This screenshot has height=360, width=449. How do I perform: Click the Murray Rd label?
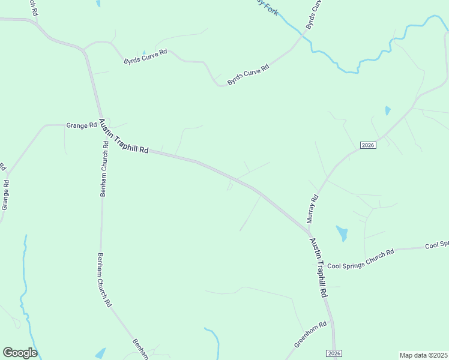point(312,209)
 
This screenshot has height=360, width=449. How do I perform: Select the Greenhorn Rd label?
point(310,335)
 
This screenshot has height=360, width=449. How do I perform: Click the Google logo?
point(20,353)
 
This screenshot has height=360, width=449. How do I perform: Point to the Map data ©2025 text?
point(423,355)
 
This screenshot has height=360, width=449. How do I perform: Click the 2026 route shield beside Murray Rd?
point(368,145)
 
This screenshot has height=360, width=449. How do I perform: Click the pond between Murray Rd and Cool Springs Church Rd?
point(342,233)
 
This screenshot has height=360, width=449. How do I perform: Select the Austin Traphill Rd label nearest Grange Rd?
point(124,137)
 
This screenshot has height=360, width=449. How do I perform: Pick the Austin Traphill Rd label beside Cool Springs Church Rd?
point(318,268)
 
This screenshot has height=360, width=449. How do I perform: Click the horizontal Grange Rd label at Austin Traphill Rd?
point(82,125)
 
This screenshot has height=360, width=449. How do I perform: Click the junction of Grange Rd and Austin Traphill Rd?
point(101,124)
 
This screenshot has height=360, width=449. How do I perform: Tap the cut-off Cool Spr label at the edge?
point(436,245)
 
